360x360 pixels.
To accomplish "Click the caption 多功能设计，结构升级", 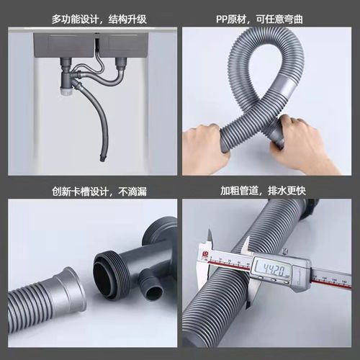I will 90,17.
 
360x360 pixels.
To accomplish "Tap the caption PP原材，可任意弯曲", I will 269,17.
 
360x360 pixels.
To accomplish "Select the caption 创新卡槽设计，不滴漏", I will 90,191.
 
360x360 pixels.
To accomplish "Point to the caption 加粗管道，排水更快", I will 269,191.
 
